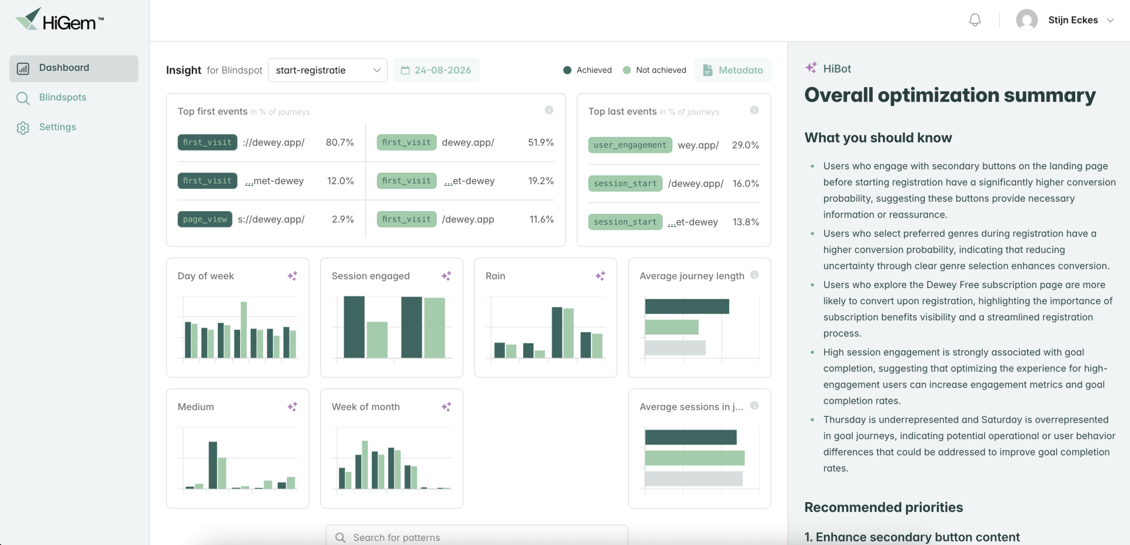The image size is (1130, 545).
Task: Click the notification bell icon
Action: click(x=975, y=20)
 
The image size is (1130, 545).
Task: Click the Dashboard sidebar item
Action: click(x=74, y=68)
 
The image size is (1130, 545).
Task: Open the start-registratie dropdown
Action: click(x=327, y=70)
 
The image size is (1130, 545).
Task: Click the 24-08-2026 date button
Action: click(x=436, y=70)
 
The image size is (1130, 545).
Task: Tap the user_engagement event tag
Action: click(x=630, y=145)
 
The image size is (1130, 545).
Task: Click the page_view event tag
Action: click(x=205, y=219)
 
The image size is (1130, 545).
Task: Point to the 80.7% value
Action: click(x=340, y=142)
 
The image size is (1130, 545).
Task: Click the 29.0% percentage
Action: click(x=746, y=145)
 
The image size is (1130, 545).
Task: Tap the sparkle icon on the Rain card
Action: click(x=600, y=276)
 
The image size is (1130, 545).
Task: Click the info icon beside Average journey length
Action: click(x=755, y=275)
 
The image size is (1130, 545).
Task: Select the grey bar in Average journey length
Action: click(x=675, y=347)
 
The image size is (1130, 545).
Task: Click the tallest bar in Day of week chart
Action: click(x=244, y=330)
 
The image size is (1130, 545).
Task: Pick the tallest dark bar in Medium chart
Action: click(x=213, y=465)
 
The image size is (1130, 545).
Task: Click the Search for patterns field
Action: click(x=477, y=537)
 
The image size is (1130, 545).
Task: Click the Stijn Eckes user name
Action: click(x=1073, y=20)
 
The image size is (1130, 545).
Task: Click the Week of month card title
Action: click(x=365, y=407)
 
